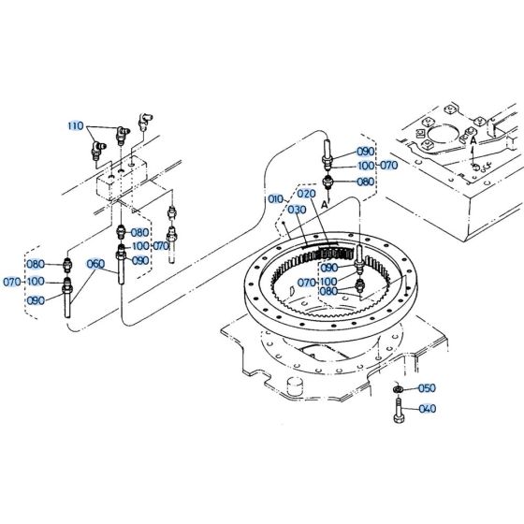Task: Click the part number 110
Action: point(75,125)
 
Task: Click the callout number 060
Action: point(95,263)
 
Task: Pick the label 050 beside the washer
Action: point(426,387)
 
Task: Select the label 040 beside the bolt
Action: point(426,409)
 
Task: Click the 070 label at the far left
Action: point(12,281)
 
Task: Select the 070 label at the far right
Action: point(388,165)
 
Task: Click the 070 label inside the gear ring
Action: point(307,282)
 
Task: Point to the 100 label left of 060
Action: point(36,281)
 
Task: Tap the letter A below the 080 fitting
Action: point(324,199)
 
